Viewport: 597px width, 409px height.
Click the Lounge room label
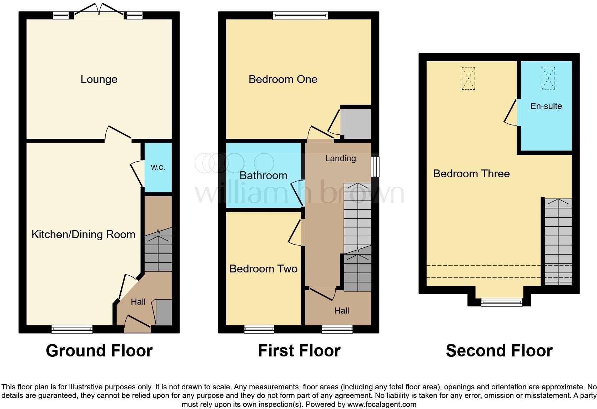pyautogui.click(x=99, y=79)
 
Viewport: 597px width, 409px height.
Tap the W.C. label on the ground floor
pyautogui.click(x=158, y=167)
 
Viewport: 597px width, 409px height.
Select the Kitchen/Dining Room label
pyautogui.click(x=83, y=235)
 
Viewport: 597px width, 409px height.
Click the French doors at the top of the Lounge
pyautogui.click(x=99, y=9)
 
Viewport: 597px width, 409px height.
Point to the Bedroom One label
pyautogui.click(x=283, y=79)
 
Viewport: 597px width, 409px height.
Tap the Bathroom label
pyautogui.click(x=263, y=175)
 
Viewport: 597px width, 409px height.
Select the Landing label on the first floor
pyautogui.click(x=340, y=158)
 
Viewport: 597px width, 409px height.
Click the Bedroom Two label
pyautogui.click(x=263, y=268)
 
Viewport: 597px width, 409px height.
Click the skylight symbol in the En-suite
pyautogui.click(x=548, y=78)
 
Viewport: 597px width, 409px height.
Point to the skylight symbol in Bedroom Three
pyautogui.click(x=468, y=78)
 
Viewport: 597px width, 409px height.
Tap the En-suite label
pyautogui.click(x=546, y=106)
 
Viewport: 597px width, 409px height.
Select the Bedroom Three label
pyautogui.click(x=471, y=174)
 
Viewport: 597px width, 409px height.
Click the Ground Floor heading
pyautogui.click(x=99, y=351)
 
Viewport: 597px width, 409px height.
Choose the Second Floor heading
pyautogui.click(x=499, y=351)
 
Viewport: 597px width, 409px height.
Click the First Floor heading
pyautogui.click(x=299, y=351)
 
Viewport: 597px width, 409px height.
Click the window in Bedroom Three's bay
pyautogui.click(x=501, y=302)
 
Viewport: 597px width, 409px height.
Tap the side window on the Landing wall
pyautogui.click(x=375, y=167)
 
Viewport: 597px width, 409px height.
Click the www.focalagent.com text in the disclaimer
pyautogui.click(x=381, y=404)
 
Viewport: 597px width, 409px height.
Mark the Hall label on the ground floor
pyautogui.click(x=138, y=302)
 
